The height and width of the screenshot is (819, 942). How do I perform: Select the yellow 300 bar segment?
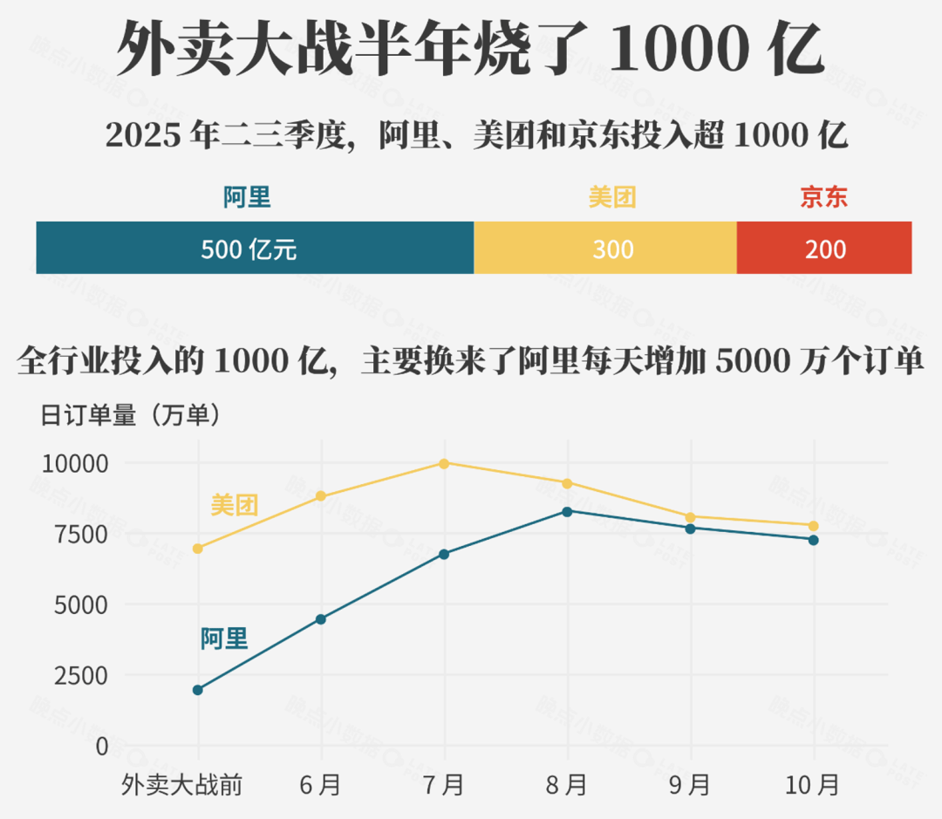click(605, 248)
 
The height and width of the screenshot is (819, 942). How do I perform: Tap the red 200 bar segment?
click(824, 248)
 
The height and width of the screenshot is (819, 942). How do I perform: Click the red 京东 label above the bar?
click(824, 198)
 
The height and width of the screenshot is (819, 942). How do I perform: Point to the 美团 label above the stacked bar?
click(612, 198)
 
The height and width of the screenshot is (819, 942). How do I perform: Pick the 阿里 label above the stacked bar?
click(247, 198)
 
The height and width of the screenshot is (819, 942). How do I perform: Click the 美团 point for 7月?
click(444, 463)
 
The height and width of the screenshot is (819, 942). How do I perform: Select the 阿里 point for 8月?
click(567, 511)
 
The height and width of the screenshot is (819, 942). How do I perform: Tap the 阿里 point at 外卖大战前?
click(198, 690)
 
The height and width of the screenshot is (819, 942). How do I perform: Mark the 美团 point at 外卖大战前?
click(198, 549)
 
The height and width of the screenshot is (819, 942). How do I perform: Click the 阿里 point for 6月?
click(321, 619)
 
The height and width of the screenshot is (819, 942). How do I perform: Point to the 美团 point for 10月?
click(813, 526)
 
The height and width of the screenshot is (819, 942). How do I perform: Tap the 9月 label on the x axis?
click(690, 785)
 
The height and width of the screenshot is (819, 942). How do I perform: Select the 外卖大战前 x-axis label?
click(181, 785)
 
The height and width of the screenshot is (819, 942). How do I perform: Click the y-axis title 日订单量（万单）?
click(131, 416)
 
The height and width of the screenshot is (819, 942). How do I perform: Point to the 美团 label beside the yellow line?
click(235, 505)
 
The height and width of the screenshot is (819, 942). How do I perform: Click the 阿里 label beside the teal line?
click(224, 639)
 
